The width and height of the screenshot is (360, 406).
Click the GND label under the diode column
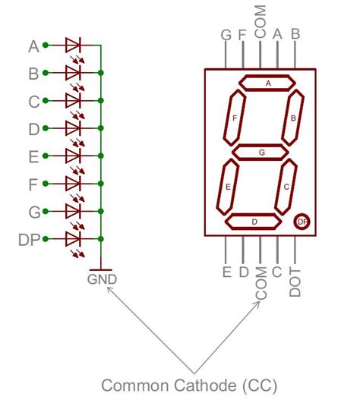coord(102,279)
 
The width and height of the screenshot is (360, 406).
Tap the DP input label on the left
coord(28,239)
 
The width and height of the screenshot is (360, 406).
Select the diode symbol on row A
coord(74,45)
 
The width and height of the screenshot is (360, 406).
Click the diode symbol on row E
coord(74,156)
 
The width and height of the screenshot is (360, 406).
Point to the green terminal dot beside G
coord(46,211)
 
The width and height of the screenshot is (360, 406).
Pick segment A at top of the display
coord(267,83)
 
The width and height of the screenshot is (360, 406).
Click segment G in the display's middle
coord(261,153)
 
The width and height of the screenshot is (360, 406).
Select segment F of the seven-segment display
coord(235,118)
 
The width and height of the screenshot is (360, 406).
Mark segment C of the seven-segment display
coord(286,186)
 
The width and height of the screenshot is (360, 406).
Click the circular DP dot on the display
coord(302,221)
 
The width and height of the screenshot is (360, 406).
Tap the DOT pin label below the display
coord(296,282)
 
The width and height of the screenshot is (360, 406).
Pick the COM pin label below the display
coord(261,284)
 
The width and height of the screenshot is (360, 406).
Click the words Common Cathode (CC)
coord(189,386)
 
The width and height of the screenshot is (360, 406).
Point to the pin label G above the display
coord(226,35)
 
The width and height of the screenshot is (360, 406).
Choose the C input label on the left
coord(33,101)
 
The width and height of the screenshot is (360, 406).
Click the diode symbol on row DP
coord(74,239)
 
